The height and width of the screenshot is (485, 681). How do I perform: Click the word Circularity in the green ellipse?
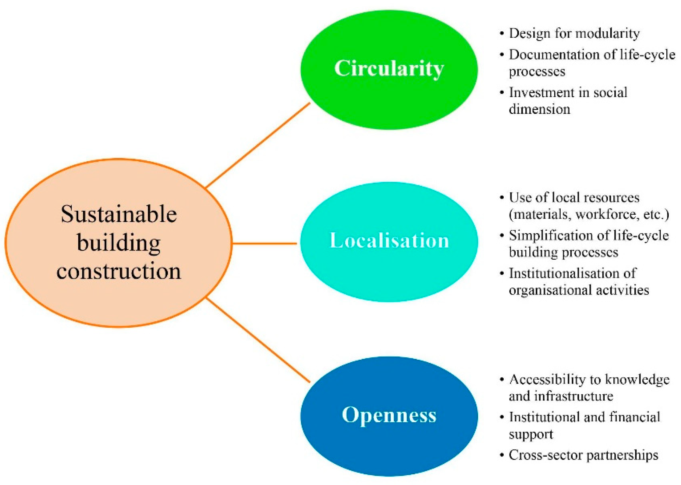coord(389,68)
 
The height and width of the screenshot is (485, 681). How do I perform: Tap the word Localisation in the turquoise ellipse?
coord(389,240)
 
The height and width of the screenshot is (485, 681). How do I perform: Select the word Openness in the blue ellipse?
coord(389,415)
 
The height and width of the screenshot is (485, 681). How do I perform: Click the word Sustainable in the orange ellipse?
coord(119,214)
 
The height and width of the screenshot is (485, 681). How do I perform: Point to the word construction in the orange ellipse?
coord(119,271)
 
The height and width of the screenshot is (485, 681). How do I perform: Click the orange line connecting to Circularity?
coord(258,145)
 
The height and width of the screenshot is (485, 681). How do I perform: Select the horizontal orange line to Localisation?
coord(265,244)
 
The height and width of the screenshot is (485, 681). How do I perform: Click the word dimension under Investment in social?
coord(539,109)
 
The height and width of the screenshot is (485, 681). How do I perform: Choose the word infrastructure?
coord(574,397)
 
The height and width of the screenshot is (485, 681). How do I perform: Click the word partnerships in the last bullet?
coord(622,455)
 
